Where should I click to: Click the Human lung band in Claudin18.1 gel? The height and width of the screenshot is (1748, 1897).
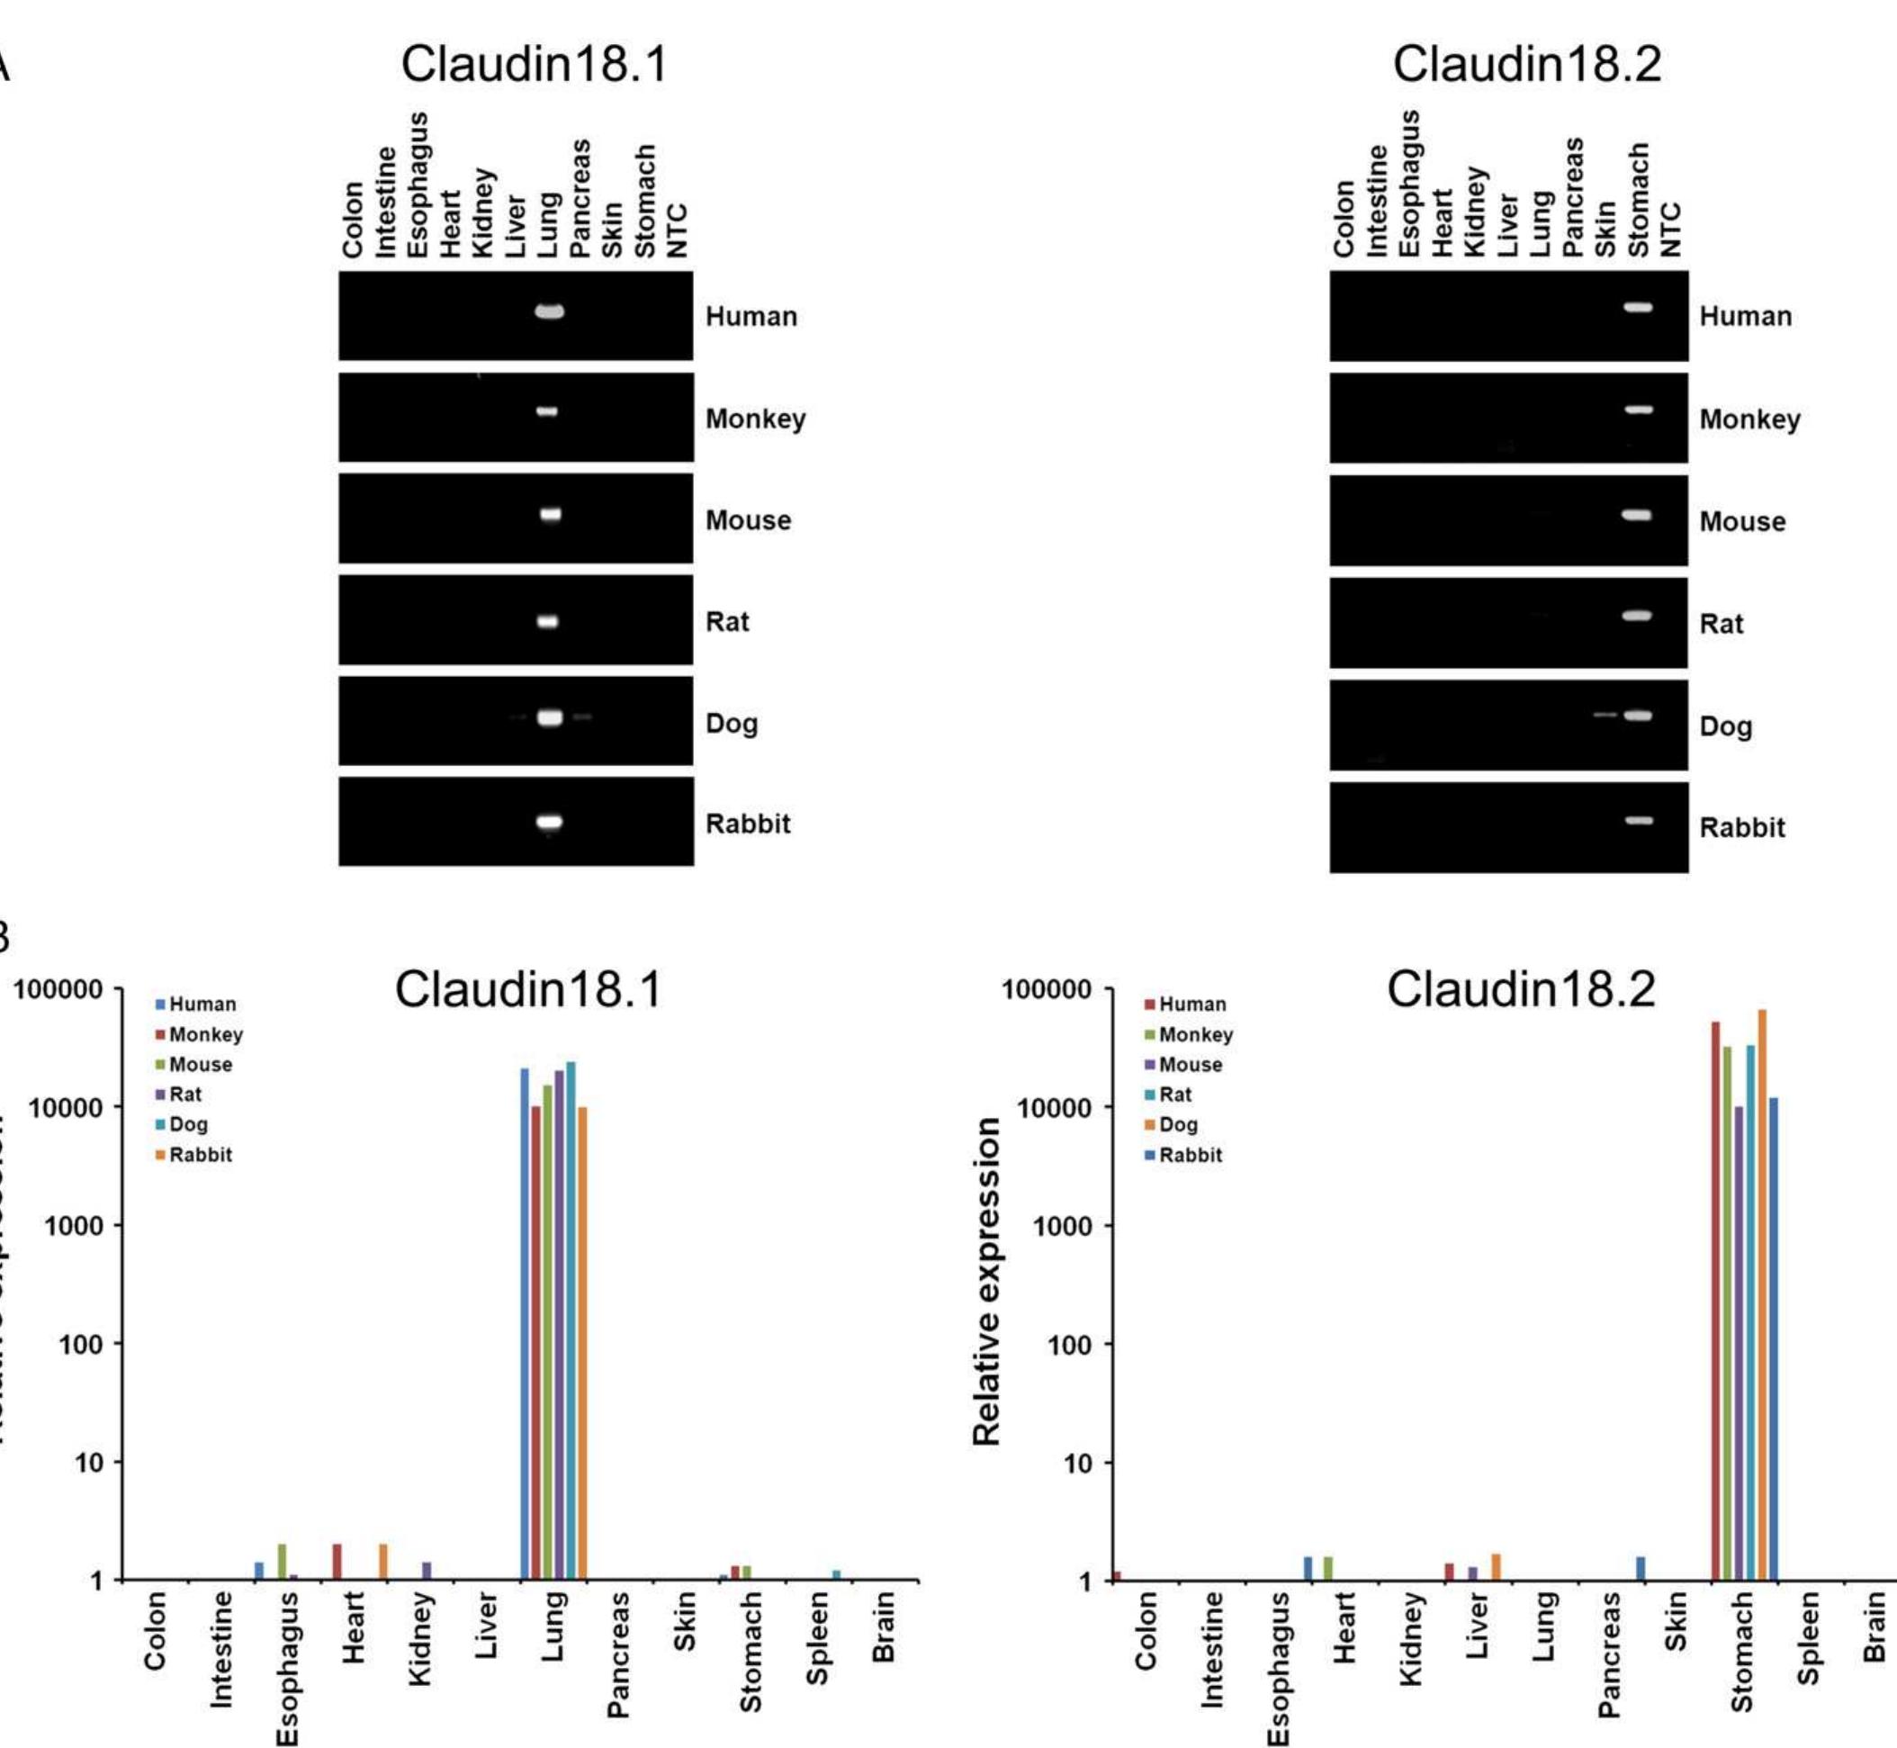[550, 311]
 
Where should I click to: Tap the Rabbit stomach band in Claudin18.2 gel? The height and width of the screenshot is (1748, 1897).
[1639, 821]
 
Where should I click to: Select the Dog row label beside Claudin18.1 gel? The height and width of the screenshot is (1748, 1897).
[731, 724]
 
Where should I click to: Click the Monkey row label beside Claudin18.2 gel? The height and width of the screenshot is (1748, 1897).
[1749, 419]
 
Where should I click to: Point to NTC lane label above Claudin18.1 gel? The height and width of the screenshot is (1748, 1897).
[676, 230]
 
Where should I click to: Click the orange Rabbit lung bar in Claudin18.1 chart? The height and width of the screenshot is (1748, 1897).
[582, 1343]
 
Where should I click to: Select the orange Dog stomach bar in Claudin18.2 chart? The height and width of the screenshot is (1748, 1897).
[1762, 1296]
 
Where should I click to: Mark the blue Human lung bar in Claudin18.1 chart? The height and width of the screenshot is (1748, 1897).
[525, 1324]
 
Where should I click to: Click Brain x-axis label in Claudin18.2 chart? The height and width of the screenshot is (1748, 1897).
[1875, 1626]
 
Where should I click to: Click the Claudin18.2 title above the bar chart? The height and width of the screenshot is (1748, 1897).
[1521, 990]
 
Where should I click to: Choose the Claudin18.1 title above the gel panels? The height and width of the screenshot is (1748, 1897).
[535, 64]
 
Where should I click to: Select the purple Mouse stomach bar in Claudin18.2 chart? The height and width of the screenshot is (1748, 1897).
[1738, 1343]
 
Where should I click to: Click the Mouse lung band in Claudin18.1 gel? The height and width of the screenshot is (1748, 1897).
[551, 515]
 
